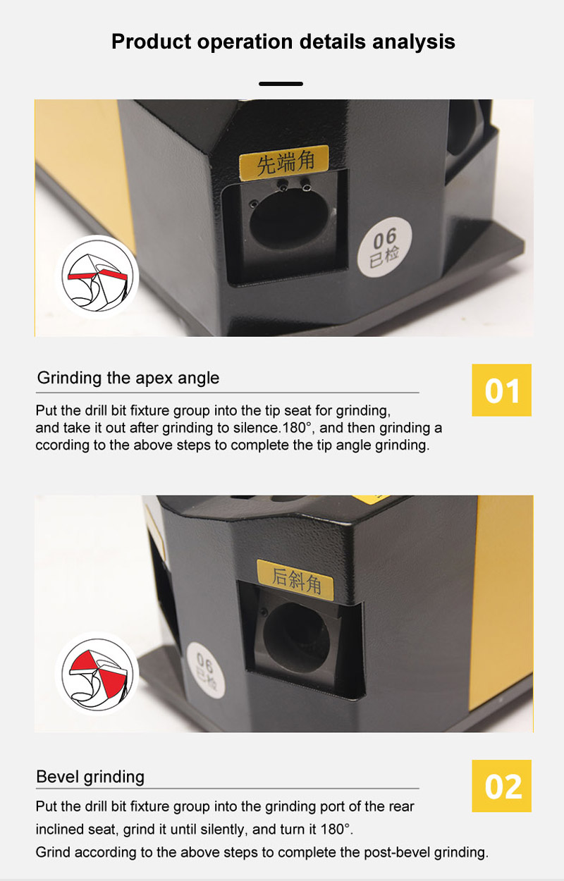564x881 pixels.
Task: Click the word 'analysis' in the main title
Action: point(413,42)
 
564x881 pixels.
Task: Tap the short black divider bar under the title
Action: point(281,84)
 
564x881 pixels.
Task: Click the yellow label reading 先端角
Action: point(284,162)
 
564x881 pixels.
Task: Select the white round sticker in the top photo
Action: point(384,247)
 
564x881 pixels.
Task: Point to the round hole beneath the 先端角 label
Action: point(288,218)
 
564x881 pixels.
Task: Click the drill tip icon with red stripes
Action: point(97,277)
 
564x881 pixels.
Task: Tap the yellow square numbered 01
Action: point(501,390)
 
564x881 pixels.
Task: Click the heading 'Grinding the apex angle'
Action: point(128,378)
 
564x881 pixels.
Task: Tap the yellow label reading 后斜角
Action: point(295,580)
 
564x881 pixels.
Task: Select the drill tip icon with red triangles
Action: point(97,673)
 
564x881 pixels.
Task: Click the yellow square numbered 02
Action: point(501,787)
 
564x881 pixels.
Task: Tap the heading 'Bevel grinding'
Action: point(90,777)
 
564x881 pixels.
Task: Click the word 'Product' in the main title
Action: point(152,42)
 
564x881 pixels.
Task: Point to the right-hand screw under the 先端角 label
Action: point(305,185)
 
